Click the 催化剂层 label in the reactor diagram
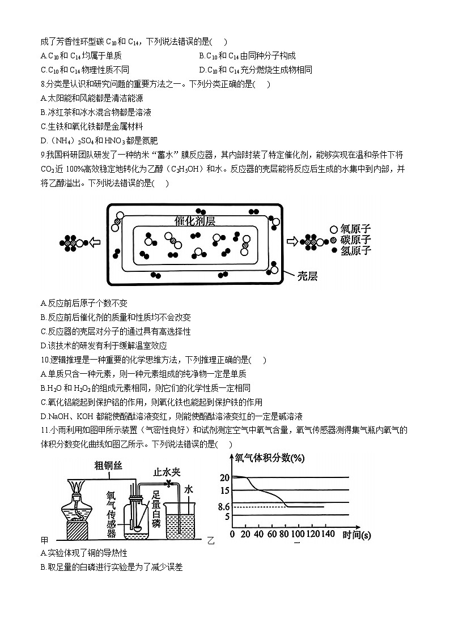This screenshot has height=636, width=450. pos(195,221)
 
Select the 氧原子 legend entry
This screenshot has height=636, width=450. pos(355,229)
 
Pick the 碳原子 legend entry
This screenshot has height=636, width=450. pos(355,240)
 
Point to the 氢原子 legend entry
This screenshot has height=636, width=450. pos(355,250)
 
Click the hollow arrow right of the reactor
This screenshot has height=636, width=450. pos(292,242)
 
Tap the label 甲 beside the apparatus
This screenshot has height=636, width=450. pos(45,540)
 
